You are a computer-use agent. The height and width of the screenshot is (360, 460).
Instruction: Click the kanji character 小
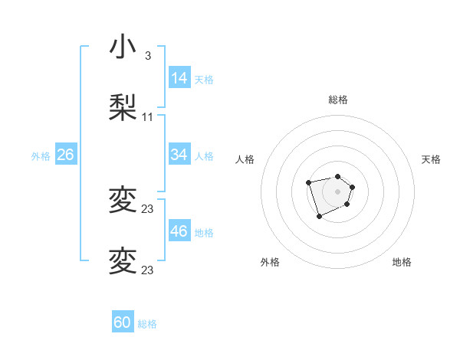(x=123, y=48)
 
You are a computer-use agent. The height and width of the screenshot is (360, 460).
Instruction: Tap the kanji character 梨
(x=123, y=108)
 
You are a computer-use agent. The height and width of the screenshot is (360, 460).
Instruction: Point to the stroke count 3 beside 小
(x=148, y=56)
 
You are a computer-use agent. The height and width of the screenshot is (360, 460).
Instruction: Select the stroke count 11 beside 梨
(x=148, y=117)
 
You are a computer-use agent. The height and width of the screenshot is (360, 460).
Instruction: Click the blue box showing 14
(x=179, y=78)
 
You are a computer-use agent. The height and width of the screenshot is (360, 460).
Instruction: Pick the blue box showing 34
(x=179, y=155)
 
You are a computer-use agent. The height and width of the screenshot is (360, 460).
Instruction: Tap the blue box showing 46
(x=179, y=231)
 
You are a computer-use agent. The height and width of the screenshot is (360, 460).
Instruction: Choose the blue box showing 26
(x=65, y=155)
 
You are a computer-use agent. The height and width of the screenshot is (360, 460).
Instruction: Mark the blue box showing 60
(x=123, y=322)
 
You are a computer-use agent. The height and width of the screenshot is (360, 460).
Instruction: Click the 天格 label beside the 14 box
(x=204, y=80)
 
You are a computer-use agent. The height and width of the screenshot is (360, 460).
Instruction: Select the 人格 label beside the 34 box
(x=204, y=156)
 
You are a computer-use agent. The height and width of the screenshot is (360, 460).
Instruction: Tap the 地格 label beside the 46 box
(x=204, y=233)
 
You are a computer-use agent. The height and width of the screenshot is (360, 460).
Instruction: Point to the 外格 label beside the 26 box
(x=41, y=156)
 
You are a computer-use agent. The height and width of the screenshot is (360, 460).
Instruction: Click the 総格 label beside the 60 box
(x=147, y=324)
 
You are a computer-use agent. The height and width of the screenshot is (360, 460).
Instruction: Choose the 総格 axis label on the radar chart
(x=338, y=100)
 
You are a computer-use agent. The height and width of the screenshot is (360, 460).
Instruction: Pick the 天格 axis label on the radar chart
(x=432, y=159)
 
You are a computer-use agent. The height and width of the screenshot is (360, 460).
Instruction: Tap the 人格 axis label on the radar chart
(x=245, y=159)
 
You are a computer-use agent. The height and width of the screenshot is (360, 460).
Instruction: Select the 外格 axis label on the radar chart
(x=270, y=262)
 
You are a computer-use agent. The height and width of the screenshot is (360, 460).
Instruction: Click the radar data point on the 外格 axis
(x=319, y=217)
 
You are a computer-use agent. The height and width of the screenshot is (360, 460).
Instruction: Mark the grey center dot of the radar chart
(x=338, y=191)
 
